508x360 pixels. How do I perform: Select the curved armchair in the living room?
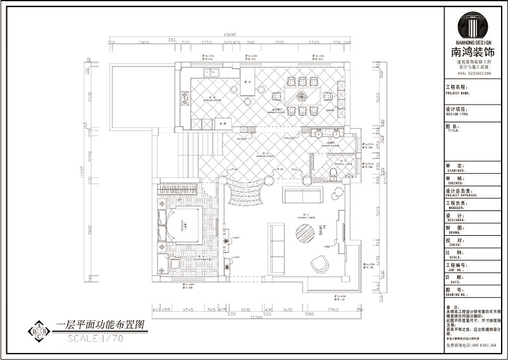point(319,263)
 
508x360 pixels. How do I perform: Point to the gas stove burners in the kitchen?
point(186,98)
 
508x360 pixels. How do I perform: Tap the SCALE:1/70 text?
point(96,338)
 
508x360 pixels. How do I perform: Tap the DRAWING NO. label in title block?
point(457,294)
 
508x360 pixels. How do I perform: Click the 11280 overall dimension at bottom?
point(257,316)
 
